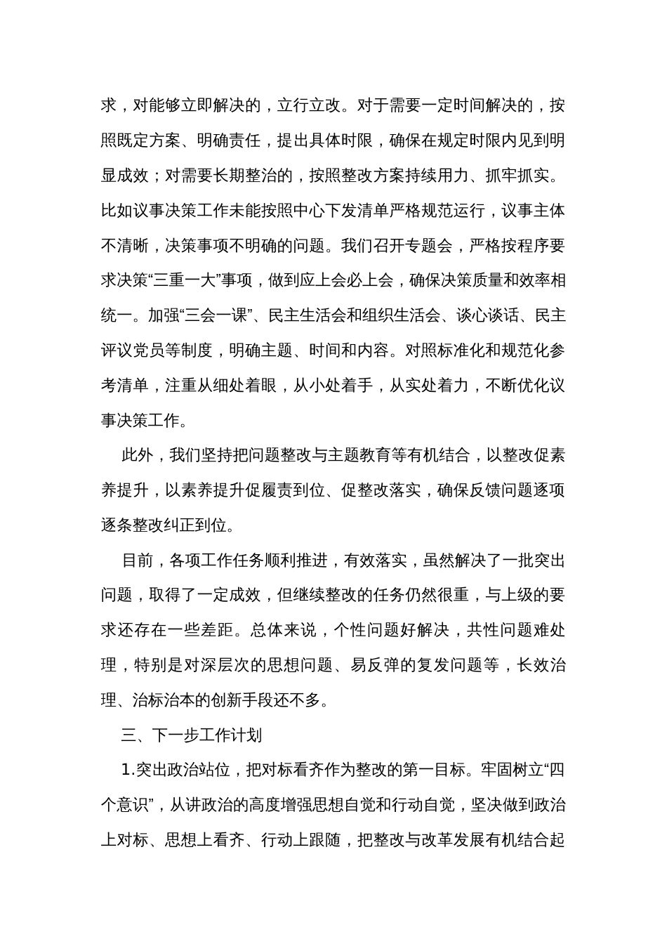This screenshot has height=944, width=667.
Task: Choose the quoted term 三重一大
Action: click(181, 281)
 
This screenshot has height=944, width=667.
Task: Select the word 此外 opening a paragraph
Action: click(138, 456)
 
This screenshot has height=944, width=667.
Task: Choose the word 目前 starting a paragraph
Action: click(138, 560)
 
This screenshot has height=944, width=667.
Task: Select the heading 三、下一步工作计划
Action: click(192, 735)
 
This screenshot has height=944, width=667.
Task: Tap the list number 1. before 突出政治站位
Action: click(128, 771)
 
